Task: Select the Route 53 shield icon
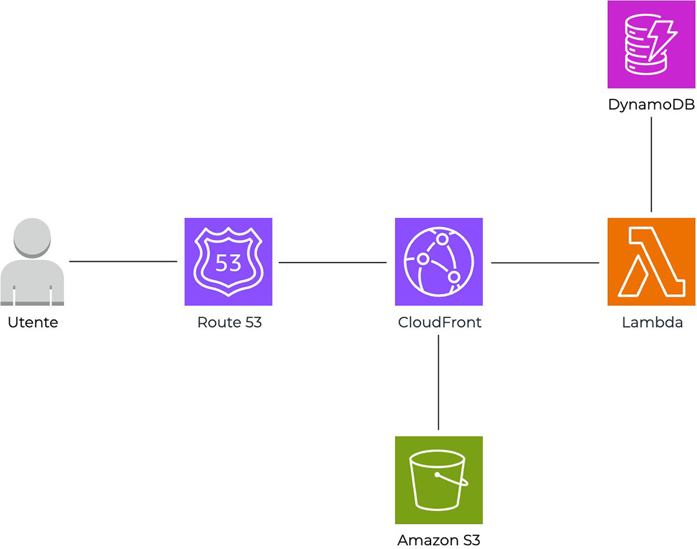pos(228,261)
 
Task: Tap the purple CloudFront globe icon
pos(439,261)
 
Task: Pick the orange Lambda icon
pos(651,261)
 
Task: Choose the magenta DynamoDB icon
pos(651,45)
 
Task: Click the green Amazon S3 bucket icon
pos(439,480)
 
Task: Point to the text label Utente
pos(33,323)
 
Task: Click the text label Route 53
pos(229,323)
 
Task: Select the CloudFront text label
pos(439,323)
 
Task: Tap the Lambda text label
pos(652,323)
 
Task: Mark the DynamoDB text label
pos(651,105)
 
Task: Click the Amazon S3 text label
pos(439,540)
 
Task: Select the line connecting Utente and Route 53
pos(123,261)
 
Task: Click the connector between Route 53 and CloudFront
pos(332,262)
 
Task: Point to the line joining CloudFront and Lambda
pos(545,263)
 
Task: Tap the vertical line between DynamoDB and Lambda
pos(651,165)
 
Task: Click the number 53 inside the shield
pos(228,263)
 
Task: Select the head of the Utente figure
pos(32,237)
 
